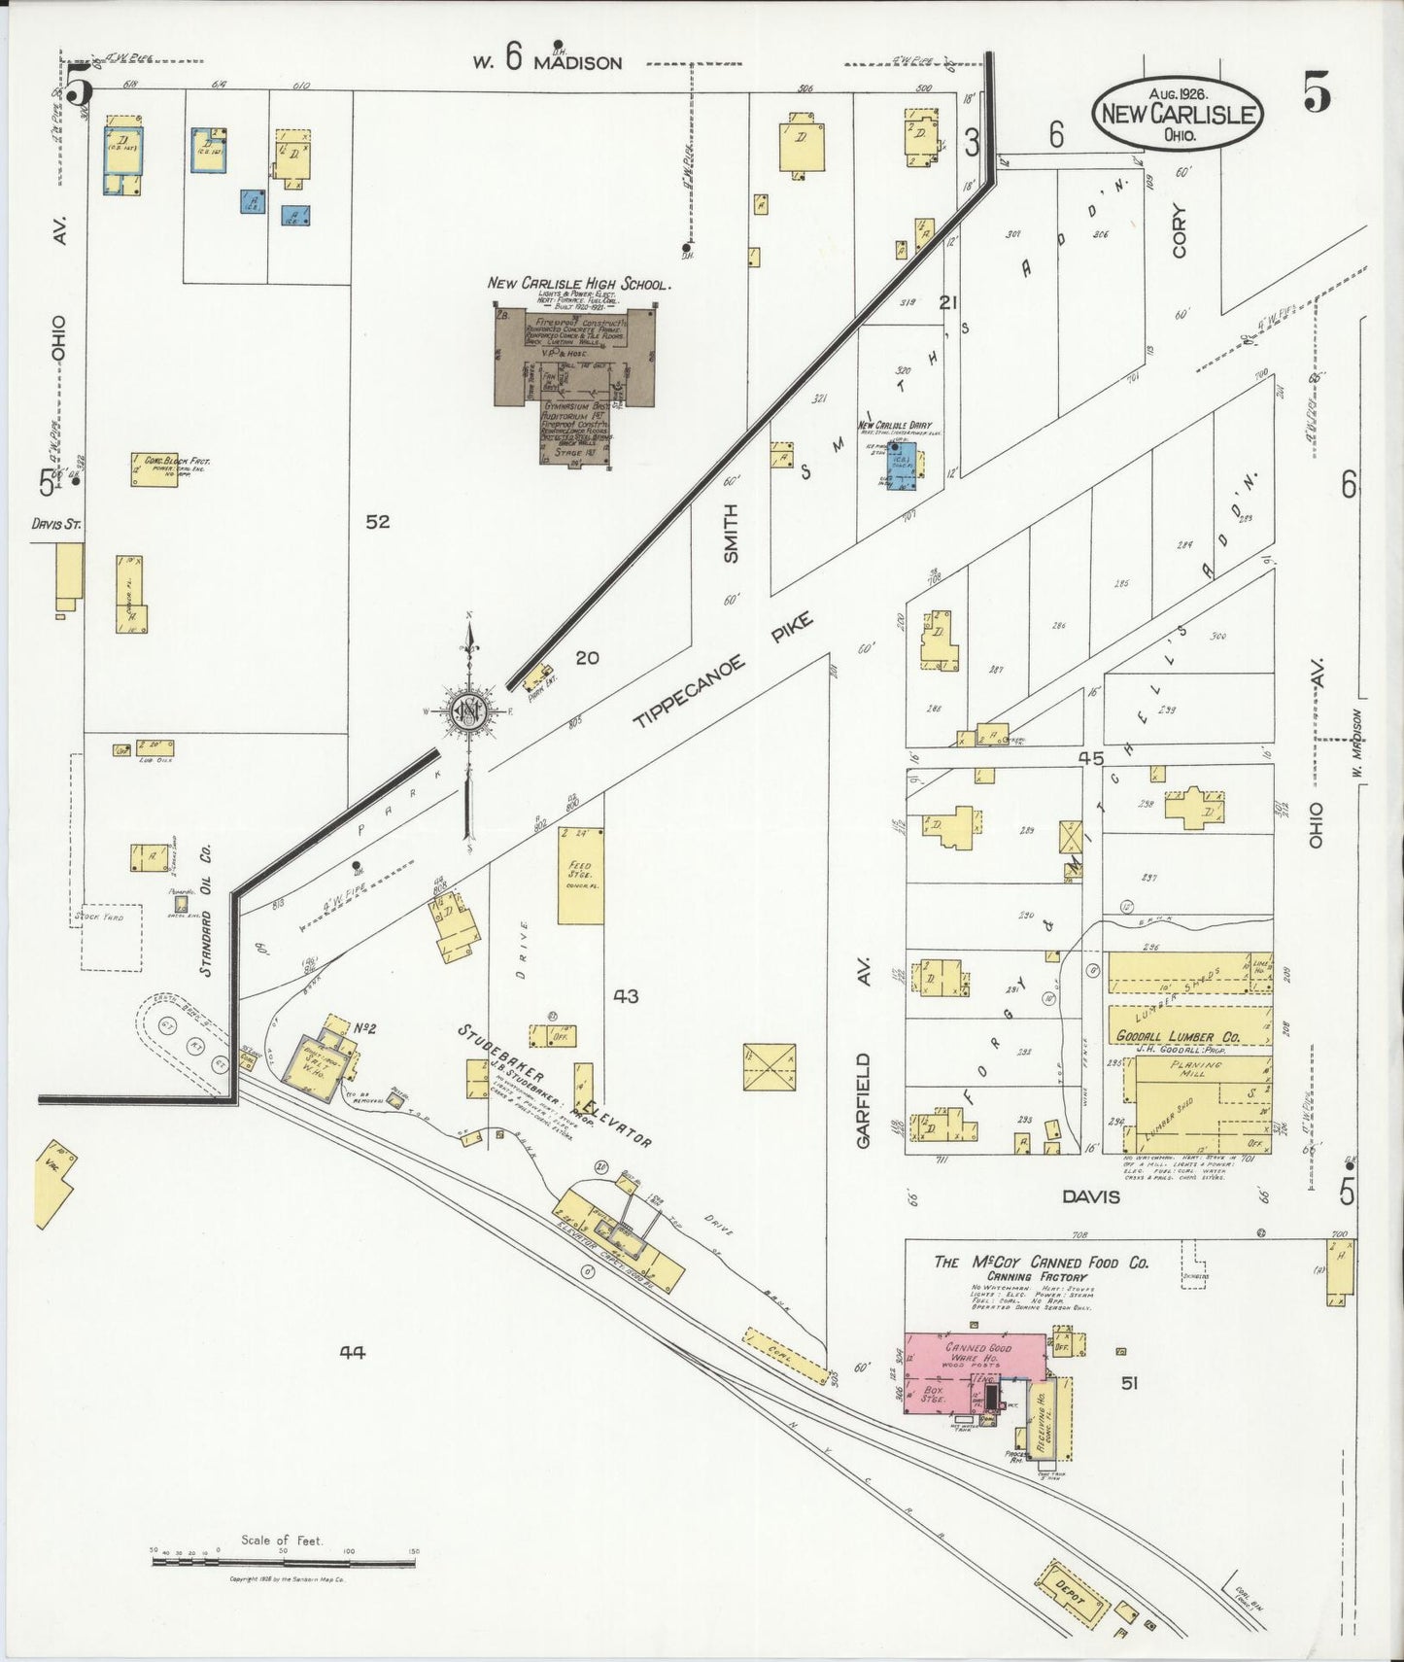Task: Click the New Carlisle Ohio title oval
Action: pyautogui.click(x=1177, y=113)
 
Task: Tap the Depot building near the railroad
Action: pyautogui.click(x=1076, y=1591)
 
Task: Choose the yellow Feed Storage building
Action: pyautogui.click(x=581, y=875)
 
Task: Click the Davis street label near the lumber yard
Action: pyautogui.click(x=1090, y=1196)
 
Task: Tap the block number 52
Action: pyautogui.click(x=378, y=522)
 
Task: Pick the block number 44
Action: pyautogui.click(x=352, y=1351)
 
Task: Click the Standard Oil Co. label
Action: pyautogui.click(x=206, y=910)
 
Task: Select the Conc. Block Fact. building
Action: pyautogui.click(x=154, y=469)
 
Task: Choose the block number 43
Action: pyautogui.click(x=626, y=996)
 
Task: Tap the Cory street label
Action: pyautogui.click(x=1180, y=230)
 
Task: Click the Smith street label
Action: pyautogui.click(x=731, y=533)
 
